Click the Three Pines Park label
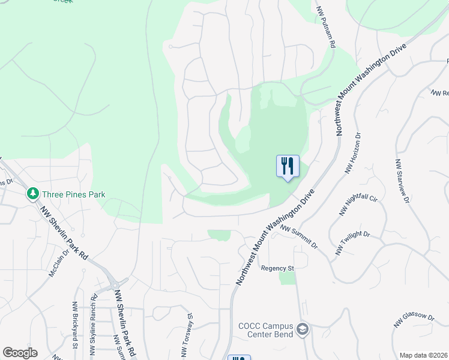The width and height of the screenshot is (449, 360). pos(73,194)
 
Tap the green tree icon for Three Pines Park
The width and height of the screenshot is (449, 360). pos(32,194)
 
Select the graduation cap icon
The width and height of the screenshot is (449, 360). pos(303,329)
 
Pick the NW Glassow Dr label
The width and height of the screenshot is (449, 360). pos(414,320)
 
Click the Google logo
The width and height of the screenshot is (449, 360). pos(20,353)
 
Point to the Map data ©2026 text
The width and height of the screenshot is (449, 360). pos(423,355)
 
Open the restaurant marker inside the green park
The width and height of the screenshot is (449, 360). pos(288,164)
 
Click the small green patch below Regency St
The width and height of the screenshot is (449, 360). pos(288,278)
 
